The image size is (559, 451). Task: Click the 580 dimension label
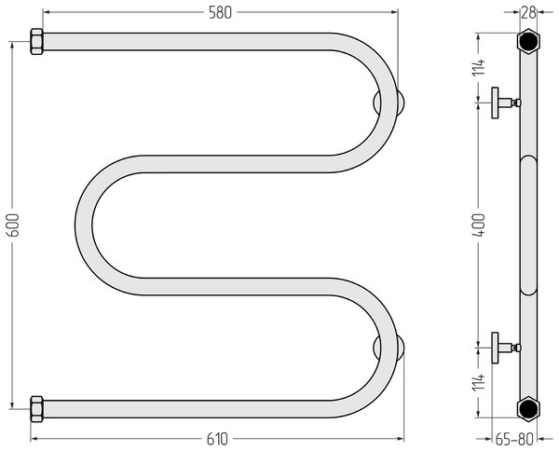click(220, 13)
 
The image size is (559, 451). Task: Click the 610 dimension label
click(217, 439)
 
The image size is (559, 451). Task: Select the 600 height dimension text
click(13, 225)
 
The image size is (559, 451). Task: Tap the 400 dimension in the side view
click(479, 225)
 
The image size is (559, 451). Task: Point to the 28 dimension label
click(528, 13)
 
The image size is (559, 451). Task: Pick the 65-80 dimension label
click(514, 439)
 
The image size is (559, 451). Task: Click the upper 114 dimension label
click(479, 67)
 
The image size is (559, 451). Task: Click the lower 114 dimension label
click(479, 382)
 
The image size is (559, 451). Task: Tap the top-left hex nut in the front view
click(36, 42)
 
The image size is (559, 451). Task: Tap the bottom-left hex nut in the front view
click(36, 409)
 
